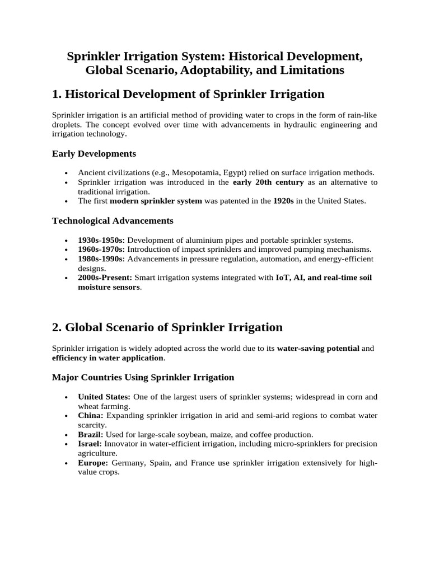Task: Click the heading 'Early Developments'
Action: (x=94, y=153)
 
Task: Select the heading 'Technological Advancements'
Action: (x=113, y=220)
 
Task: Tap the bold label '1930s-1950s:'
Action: (x=101, y=239)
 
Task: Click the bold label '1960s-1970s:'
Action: (x=101, y=249)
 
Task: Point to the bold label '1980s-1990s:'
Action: (x=101, y=259)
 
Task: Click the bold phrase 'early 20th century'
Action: (x=268, y=182)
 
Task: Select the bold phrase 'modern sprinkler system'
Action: (x=156, y=201)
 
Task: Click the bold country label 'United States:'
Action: (x=104, y=397)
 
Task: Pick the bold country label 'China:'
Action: (x=91, y=416)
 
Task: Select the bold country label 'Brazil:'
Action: (x=91, y=434)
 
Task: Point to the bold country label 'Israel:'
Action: (x=90, y=444)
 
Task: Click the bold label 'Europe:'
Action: (x=94, y=463)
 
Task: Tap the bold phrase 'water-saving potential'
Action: (x=318, y=348)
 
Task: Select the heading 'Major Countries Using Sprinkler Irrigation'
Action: (x=143, y=377)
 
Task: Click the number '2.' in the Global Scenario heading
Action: (x=58, y=327)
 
